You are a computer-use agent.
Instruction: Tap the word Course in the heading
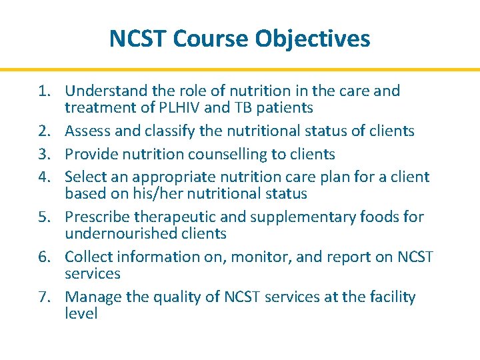(213, 39)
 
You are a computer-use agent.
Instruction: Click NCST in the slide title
(138, 39)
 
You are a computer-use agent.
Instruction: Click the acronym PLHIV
(182, 107)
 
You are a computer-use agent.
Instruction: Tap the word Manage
(92, 297)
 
